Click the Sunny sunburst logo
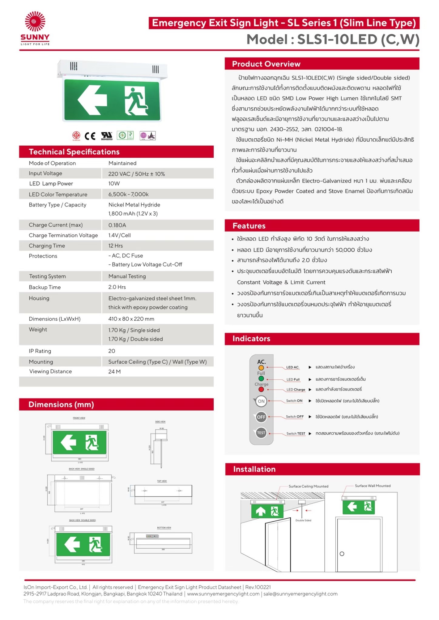click(x=35, y=21)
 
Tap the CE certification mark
click(x=90, y=136)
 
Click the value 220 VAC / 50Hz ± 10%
click(x=136, y=174)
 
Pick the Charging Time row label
click(x=47, y=246)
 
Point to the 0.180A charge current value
click(x=117, y=225)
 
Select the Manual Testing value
click(x=127, y=276)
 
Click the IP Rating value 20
click(x=112, y=351)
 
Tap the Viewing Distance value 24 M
click(x=114, y=371)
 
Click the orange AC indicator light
click(x=261, y=368)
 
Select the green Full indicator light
click(x=261, y=379)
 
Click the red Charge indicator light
click(x=261, y=389)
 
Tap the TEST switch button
click(x=261, y=433)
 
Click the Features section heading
click(x=249, y=226)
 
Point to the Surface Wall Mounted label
click(x=373, y=486)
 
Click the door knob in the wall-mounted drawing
click(x=342, y=554)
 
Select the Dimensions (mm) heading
click(x=61, y=404)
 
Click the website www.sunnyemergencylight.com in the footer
click(x=223, y=594)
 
